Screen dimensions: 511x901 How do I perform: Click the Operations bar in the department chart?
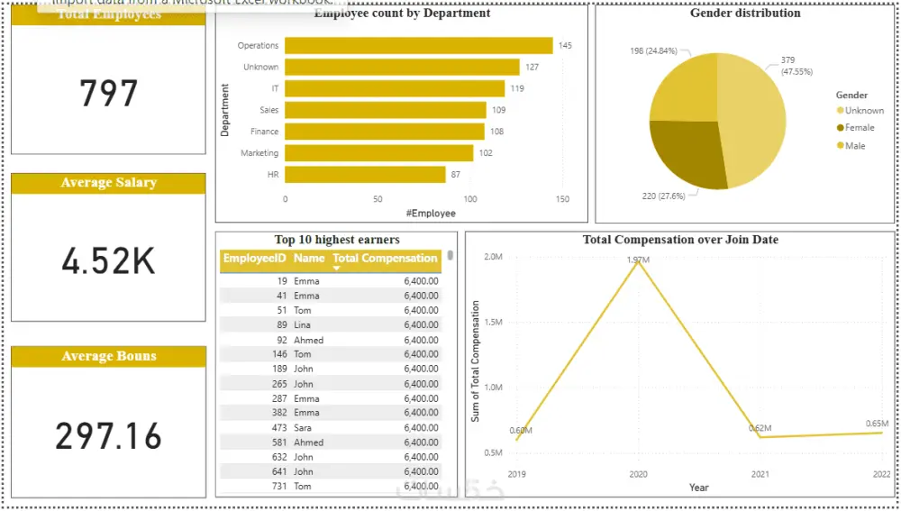(x=419, y=45)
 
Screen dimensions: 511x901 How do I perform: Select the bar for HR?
(x=365, y=174)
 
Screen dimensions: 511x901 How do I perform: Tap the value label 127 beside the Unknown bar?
(x=532, y=67)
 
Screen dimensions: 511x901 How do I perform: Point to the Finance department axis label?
(x=264, y=132)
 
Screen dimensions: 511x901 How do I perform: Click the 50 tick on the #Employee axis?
(x=378, y=199)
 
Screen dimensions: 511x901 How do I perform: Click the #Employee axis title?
(x=430, y=214)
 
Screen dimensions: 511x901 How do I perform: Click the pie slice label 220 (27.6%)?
(x=660, y=195)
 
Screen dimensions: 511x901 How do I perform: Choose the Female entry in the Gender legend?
(x=859, y=128)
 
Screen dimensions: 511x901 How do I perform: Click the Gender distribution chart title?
(x=744, y=14)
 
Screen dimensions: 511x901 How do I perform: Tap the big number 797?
(x=109, y=94)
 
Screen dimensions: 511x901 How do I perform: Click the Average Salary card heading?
(x=108, y=183)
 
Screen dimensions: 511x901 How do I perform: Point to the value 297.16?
(x=109, y=436)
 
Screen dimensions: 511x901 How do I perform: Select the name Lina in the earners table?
(x=304, y=324)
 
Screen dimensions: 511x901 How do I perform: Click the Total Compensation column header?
(x=385, y=259)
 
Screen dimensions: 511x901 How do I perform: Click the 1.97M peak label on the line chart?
(x=638, y=260)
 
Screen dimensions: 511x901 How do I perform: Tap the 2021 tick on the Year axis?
(x=761, y=474)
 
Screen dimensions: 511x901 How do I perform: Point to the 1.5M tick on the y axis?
(x=493, y=322)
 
